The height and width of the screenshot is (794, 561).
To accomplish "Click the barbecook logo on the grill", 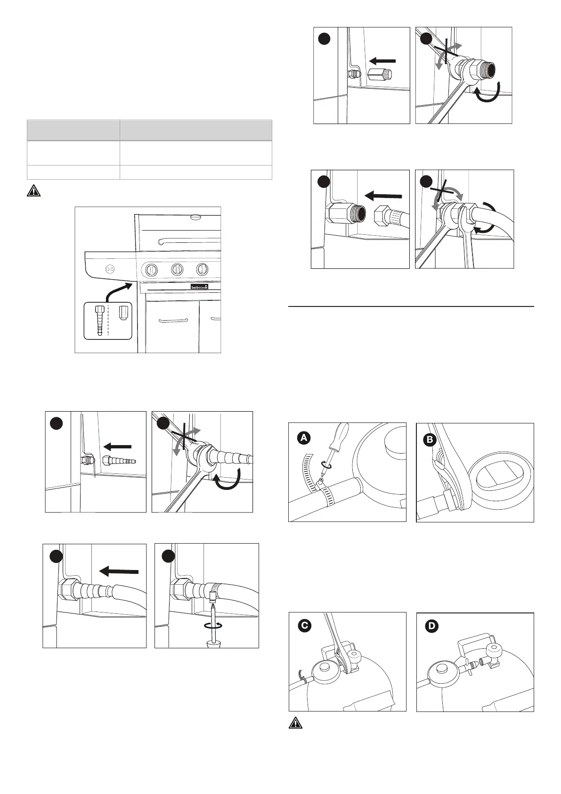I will [x=198, y=286].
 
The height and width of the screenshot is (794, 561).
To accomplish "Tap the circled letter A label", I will [x=304, y=438].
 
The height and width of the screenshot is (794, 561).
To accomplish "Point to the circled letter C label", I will [x=305, y=626].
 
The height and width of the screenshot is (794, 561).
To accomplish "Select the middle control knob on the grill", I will [x=177, y=270].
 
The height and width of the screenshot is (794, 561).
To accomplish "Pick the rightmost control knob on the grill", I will [x=203, y=270].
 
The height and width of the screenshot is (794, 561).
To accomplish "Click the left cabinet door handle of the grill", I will [x=173, y=320].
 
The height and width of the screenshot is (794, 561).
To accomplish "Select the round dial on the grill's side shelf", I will [x=110, y=269].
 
